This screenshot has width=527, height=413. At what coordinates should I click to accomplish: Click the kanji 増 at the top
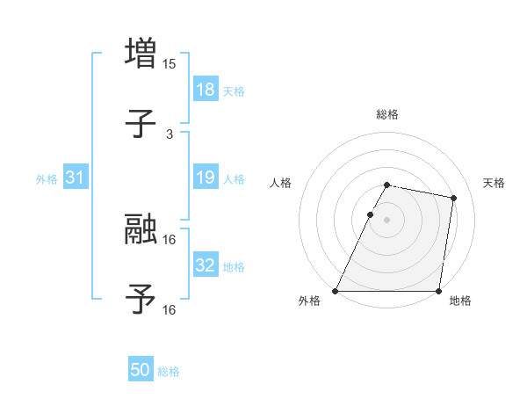pyautogui.click(x=141, y=53)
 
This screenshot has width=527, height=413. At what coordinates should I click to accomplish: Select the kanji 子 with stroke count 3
pyautogui.click(x=141, y=124)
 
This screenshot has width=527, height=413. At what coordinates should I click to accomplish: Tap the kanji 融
pyautogui.click(x=141, y=228)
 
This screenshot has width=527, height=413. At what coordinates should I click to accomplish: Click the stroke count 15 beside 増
pyautogui.click(x=170, y=64)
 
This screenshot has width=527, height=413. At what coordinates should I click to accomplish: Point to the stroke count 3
pyautogui.click(x=170, y=134)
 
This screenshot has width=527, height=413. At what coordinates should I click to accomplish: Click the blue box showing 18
pyautogui.click(x=205, y=90)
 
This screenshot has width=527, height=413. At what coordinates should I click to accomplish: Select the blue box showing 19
pyautogui.click(x=205, y=178)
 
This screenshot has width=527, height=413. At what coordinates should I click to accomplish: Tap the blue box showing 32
pyautogui.click(x=205, y=265)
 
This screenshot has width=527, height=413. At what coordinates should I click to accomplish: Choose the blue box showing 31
pyautogui.click(x=76, y=178)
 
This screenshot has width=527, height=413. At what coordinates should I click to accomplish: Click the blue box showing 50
pyautogui.click(x=141, y=371)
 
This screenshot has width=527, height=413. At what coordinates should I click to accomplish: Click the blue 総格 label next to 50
pyautogui.click(x=169, y=372)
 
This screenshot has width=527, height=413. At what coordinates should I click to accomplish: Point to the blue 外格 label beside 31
pyautogui.click(x=47, y=178)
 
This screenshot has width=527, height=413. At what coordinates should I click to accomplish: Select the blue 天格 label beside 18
pyautogui.click(x=233, y=91)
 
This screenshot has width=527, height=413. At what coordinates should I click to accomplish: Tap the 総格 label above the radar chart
pyautogui.click(x=387, y=114)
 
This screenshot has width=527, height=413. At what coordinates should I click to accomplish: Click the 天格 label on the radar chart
pyautogui.click(x=494, y=183)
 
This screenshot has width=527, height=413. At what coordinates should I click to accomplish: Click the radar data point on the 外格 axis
pyautogui.click(x=336, y=291)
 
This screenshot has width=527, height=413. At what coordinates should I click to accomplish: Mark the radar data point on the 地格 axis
pyautogui.click(x=438, y=291)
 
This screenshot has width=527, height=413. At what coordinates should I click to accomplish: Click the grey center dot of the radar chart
pyautogui.click(x=387, y=220)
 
